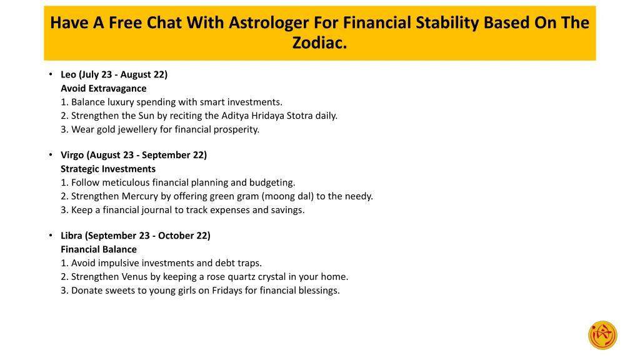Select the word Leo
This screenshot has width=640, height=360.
pos(69,74)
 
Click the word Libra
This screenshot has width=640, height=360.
pos(71,236)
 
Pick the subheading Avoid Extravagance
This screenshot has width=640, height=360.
pos(104,88)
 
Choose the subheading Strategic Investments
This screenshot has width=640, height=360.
pos(108,169)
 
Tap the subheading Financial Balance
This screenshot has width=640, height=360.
pos(99,249)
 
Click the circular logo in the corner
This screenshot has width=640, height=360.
pos(602,335)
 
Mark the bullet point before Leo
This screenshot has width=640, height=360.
pos(50,74)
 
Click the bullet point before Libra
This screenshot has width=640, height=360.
pos(50,236)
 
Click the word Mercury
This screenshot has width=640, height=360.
pos(142,196)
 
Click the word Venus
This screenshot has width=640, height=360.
pos(137,277)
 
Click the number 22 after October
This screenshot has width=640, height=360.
pos(204,236)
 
